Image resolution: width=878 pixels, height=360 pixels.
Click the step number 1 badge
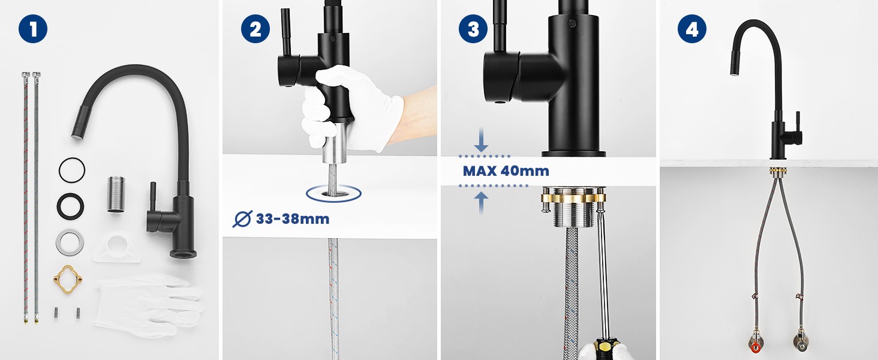33,29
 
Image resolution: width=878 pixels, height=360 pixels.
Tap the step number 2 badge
255,29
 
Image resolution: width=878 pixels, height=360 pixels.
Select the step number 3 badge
473,29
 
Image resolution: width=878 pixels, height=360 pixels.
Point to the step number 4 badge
692,29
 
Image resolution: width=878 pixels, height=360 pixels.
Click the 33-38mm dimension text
293,219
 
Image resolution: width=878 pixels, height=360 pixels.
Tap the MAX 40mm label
506,171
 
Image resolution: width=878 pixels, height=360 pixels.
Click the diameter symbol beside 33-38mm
242,219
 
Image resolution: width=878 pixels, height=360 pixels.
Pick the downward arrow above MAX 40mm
481,140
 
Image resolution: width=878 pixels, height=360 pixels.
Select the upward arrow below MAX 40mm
481,203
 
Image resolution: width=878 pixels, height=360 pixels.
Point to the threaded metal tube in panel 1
116,194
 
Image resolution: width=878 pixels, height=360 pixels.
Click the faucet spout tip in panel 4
735,73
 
